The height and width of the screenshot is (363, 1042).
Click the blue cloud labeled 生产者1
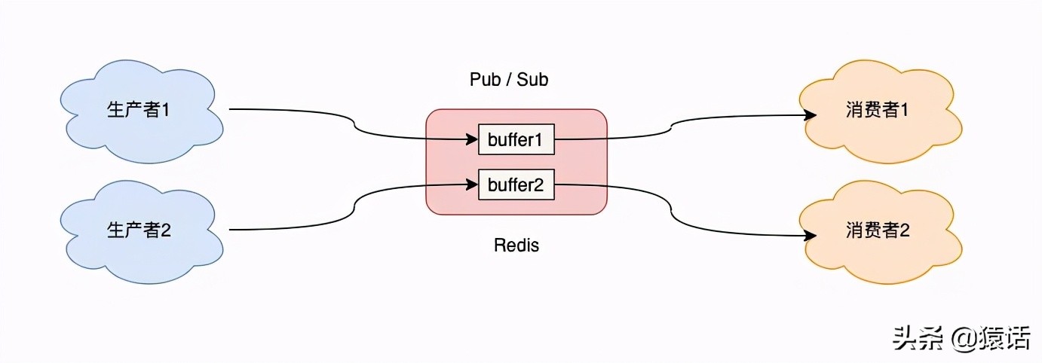[139, 110]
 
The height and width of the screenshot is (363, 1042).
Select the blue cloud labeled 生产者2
[139, 230]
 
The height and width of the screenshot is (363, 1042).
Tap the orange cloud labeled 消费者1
[878, 110]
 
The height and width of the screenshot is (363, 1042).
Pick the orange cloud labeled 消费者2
[878, 230]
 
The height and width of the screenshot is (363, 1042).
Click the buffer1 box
[516, 139]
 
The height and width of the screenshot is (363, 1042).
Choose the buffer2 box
[516, 185]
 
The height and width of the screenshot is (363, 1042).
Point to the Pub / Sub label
[509, 79]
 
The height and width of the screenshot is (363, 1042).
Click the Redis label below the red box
[516, 245]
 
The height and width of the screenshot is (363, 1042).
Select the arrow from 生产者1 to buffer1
[354, 129]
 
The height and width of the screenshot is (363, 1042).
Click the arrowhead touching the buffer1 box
[473, 139]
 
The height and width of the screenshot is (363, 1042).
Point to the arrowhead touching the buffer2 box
[473, 185]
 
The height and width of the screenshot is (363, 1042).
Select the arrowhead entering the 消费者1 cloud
[811, 115]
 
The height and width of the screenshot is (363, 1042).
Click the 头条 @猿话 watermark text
[961, 338]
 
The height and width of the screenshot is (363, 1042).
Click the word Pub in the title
[485, 79]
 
